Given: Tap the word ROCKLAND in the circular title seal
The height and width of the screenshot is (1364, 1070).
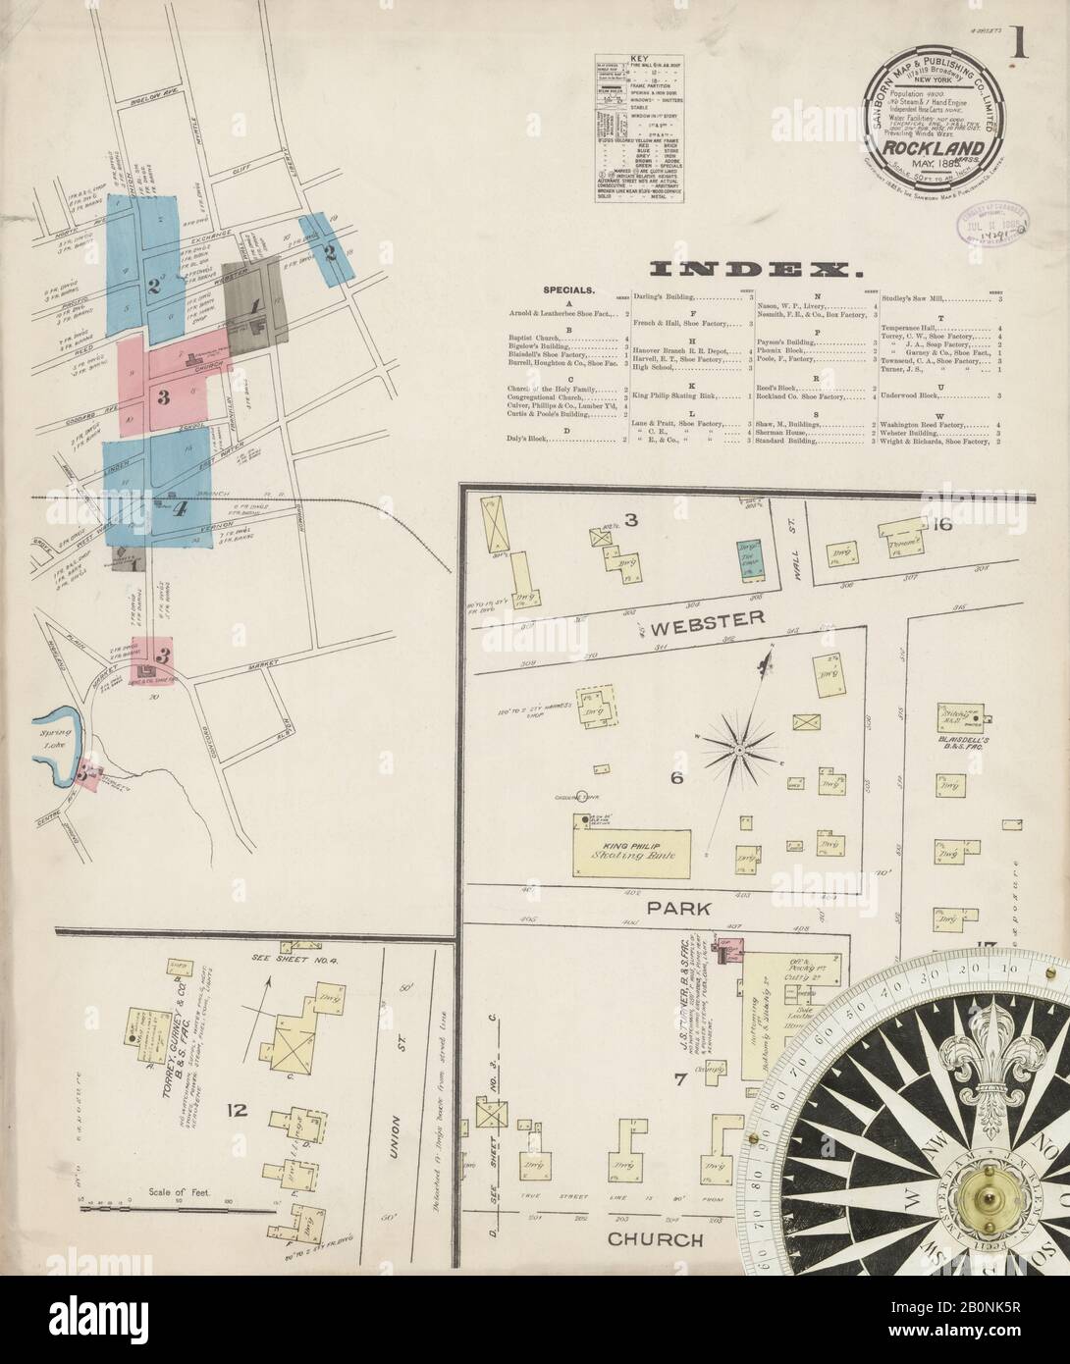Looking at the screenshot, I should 939,148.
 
